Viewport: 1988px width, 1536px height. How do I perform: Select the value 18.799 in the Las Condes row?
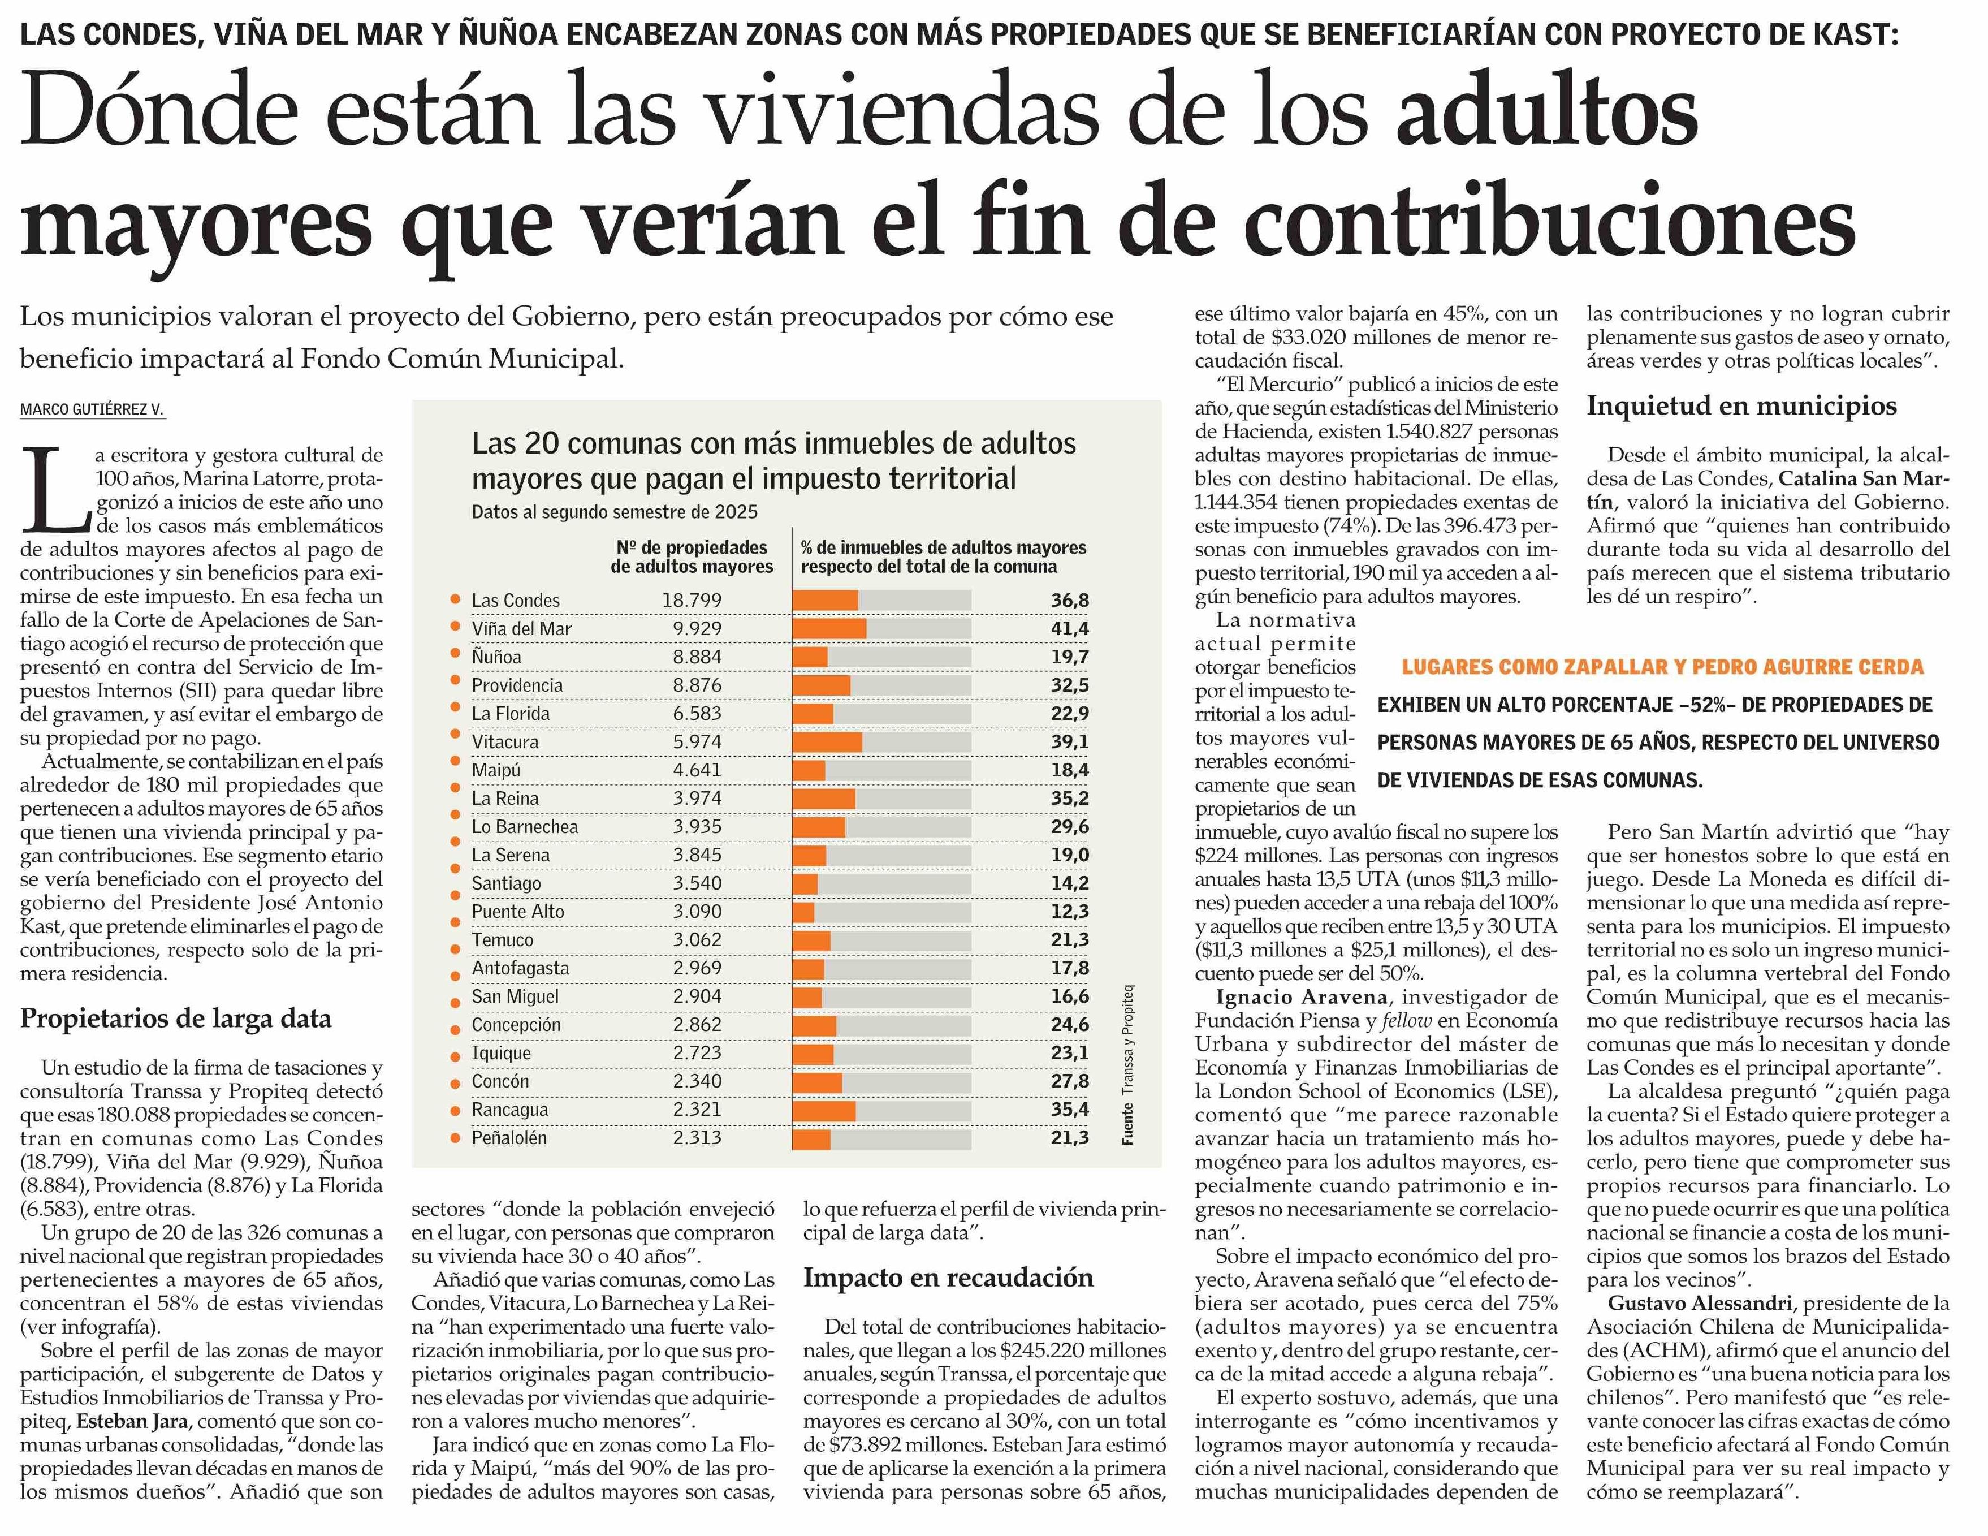[x=692, y=600]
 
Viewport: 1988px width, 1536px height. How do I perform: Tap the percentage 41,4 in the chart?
[x=1070, y=628]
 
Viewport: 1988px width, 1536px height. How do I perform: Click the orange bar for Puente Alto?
[x=803, y=912]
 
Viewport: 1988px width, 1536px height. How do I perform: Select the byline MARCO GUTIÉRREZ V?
[x=92, y=409]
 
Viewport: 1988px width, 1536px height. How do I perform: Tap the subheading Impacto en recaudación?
[x=948, y=1278]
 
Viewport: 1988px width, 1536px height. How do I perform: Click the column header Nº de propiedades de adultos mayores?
[x=692, y=556]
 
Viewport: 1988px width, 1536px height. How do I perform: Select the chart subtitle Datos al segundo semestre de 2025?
[x=615, y=512]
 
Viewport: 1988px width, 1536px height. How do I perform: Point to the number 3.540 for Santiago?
[x=697, y=883]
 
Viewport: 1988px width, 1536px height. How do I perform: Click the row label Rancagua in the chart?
[x=510, y=1110]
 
